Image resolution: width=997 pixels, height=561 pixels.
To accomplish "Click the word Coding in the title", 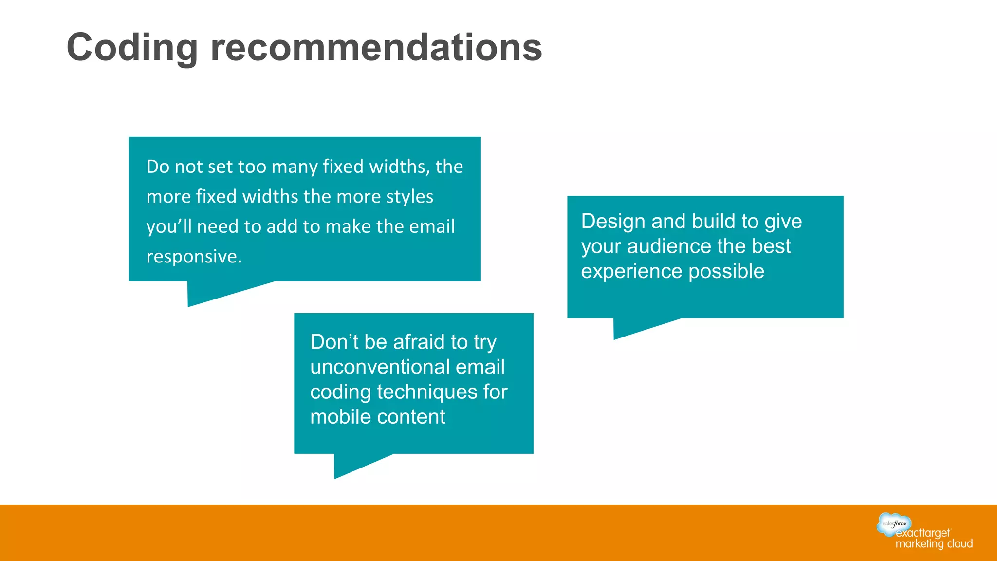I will coord(132,48).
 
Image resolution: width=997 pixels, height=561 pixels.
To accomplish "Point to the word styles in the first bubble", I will coord(409,197).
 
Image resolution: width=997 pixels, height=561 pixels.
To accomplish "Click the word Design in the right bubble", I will coord(613,222).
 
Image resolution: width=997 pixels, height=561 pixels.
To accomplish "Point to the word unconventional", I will coord(379,367).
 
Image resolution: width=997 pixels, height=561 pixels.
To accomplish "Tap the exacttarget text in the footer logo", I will coord(923,533).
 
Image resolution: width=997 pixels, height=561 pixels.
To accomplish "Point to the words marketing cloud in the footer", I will coord(934,544).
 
